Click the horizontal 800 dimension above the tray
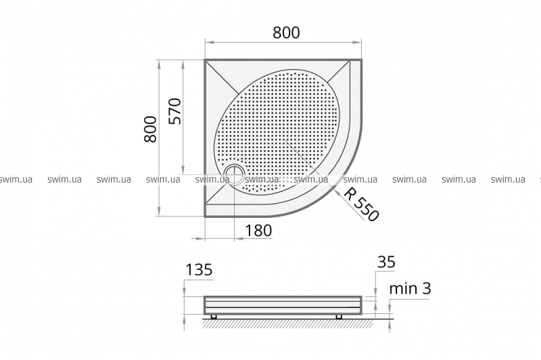286,32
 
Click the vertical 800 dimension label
151,129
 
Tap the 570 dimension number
175,111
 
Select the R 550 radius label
361,204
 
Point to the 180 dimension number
259,230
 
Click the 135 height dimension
199,269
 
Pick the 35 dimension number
386,262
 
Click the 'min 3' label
410,288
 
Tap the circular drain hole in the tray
235,173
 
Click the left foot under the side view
214,317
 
